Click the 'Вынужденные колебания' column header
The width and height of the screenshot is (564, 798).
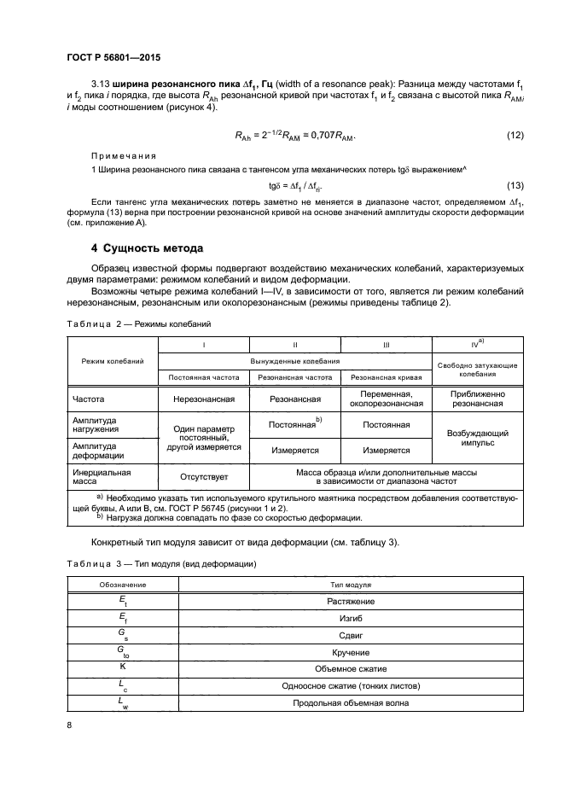click(295, 361)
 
